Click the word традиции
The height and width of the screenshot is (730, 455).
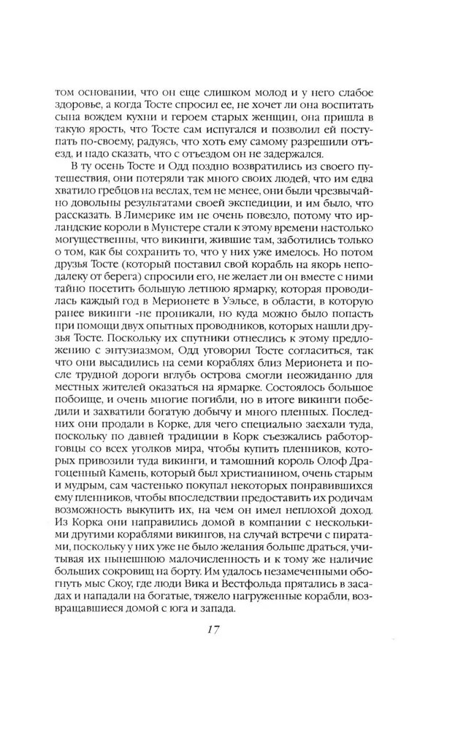(x=177, y=445)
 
